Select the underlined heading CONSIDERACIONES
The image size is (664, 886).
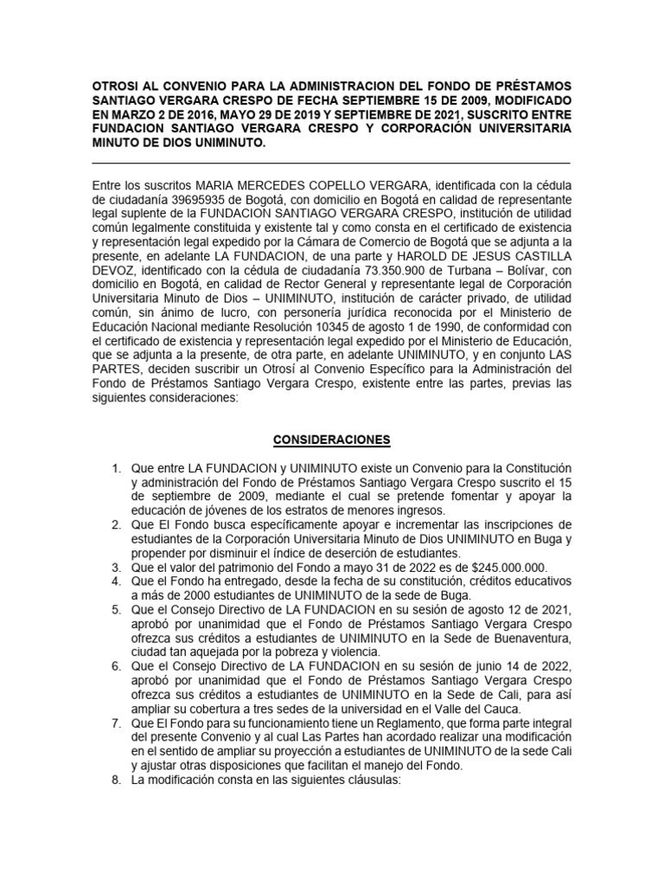(x=331, y=440)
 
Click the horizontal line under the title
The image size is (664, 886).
(x=331, y=163)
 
